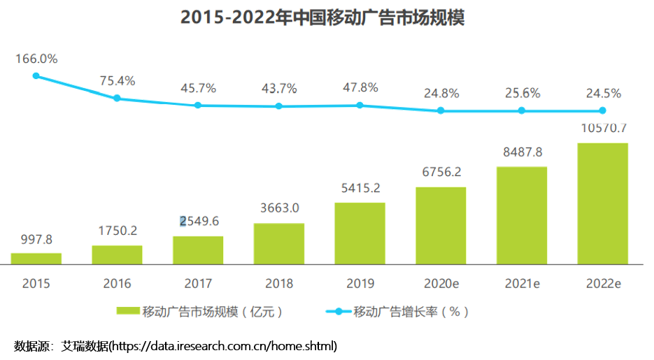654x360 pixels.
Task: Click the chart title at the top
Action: tap(322, 17)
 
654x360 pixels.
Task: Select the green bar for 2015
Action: tap(36, 259)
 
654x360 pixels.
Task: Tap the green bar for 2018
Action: tap(279, 244)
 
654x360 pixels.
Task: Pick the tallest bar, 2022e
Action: tap(603, 203)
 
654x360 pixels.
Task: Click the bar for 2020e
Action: tap(441, 226)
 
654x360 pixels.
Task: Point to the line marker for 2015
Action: tap(36, 75)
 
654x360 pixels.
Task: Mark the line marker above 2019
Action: tap(360, 106)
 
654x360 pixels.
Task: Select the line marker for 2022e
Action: tap(603, 110)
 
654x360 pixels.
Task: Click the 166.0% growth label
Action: tap(36, 59)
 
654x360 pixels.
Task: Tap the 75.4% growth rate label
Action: tap(118, 81)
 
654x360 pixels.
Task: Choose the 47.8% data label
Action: tap(360, 87)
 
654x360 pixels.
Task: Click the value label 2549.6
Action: tap(199, 221)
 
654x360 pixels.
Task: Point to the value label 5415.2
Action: tap(361, 188)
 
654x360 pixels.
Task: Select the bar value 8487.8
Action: tap(523, 152)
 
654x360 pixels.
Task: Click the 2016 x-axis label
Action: tap(118, 284)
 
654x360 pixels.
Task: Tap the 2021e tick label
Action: tap(523, 284)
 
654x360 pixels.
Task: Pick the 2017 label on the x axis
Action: tap(198, 284)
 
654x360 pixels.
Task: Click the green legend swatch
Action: tap(128, 311)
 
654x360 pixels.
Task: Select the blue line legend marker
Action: tap(339, 312)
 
